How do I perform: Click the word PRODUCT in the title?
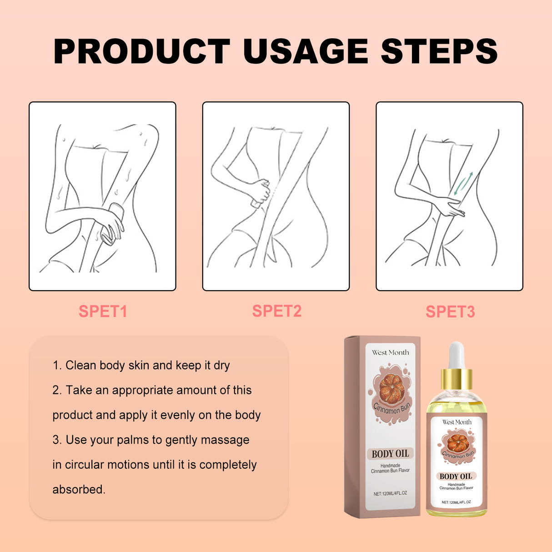tap(142, 51)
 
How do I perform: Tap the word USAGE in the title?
tap(305, 51)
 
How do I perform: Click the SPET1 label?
tap(103, 311)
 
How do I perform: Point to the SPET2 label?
tap(276, 311)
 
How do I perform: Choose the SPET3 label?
tap(450, 311)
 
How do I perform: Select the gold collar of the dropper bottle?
tap(456, 379)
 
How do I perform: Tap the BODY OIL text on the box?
tap(390, 454)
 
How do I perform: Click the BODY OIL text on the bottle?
tap(456, 476)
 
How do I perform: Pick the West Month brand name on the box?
tap(390, 352)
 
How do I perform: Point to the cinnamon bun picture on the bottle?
tap(457, 443)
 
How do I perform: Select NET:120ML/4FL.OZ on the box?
tap(390, 493)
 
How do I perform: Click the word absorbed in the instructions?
tap(79, 490)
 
